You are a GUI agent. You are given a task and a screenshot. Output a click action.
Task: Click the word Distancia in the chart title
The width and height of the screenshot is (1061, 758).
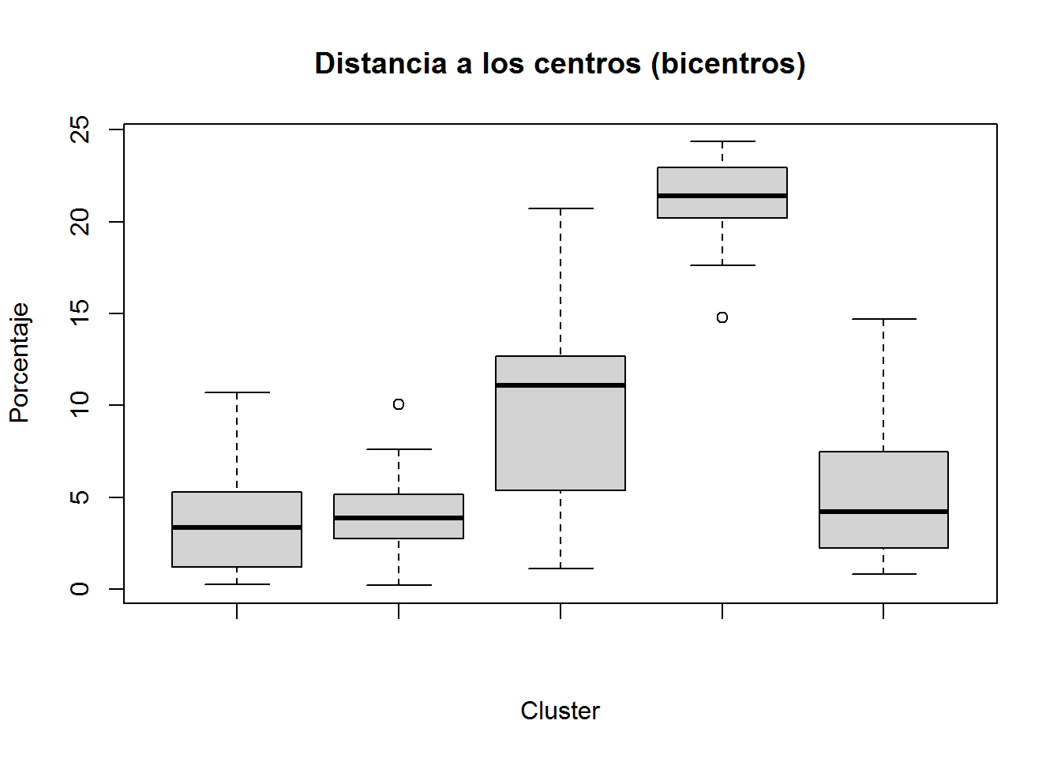pyautogui.click(x=380, y=63)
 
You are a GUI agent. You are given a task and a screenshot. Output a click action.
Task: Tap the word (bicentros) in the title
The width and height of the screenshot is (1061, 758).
pyautogui.click(x=728, y=64)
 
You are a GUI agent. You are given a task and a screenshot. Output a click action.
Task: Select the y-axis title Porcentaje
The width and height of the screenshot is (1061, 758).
pyautogui.click(x=19, y=362)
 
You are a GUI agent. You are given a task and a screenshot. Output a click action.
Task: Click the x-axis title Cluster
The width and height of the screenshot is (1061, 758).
pyautogui.click(x=560, y=711)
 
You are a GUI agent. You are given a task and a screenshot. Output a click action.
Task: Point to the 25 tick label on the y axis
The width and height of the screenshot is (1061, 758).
pyautogui.click(x=80, y=129)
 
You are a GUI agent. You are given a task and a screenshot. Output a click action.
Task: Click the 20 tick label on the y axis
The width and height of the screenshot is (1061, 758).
pyautogui.click(x=80, y=222)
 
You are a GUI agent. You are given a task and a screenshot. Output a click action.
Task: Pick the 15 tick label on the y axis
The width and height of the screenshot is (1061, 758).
pyautogui.click(x=80, y=313)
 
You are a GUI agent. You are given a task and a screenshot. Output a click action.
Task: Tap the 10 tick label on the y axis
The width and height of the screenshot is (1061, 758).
pyautogui.click(x=80, y=405)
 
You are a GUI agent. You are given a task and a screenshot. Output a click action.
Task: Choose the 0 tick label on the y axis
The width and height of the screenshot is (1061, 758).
pyautogui.click(x=80, y=589)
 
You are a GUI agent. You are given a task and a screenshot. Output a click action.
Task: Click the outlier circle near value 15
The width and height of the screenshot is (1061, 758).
pyautogui.click(x=722, y=317)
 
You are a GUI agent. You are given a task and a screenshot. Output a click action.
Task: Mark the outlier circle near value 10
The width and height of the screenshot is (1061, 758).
pyautogui.click(x=399, y=404)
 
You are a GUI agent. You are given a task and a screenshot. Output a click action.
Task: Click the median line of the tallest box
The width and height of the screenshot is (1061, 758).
pyautogui.click(x=560, y=385)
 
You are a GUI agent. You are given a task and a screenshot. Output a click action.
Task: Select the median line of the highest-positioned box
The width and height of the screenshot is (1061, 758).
pyautogui.click(x=722, y=196)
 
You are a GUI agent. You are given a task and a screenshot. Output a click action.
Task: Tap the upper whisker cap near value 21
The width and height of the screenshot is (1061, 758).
pyautogui.click(x=560, y=208)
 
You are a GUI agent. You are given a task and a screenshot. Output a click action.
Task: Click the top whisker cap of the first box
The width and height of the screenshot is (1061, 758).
pyautogui.click(x=237, y=392)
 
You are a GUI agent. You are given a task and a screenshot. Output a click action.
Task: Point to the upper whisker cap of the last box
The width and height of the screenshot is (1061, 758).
pyautogui.click(x=883, y=319)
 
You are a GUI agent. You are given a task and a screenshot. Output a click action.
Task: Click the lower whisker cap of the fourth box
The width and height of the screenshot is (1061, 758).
pyautogui.click(x=722, y=265)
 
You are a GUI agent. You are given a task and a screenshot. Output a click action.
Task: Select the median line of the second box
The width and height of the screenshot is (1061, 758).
pyautogui.click(x=399, y=518)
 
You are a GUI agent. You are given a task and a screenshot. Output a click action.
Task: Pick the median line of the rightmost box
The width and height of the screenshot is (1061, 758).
pyautogui.click(x=883, y=512)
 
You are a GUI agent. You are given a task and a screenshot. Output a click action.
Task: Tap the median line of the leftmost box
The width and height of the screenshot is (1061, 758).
pyautogui.click(x=237, y=527)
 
